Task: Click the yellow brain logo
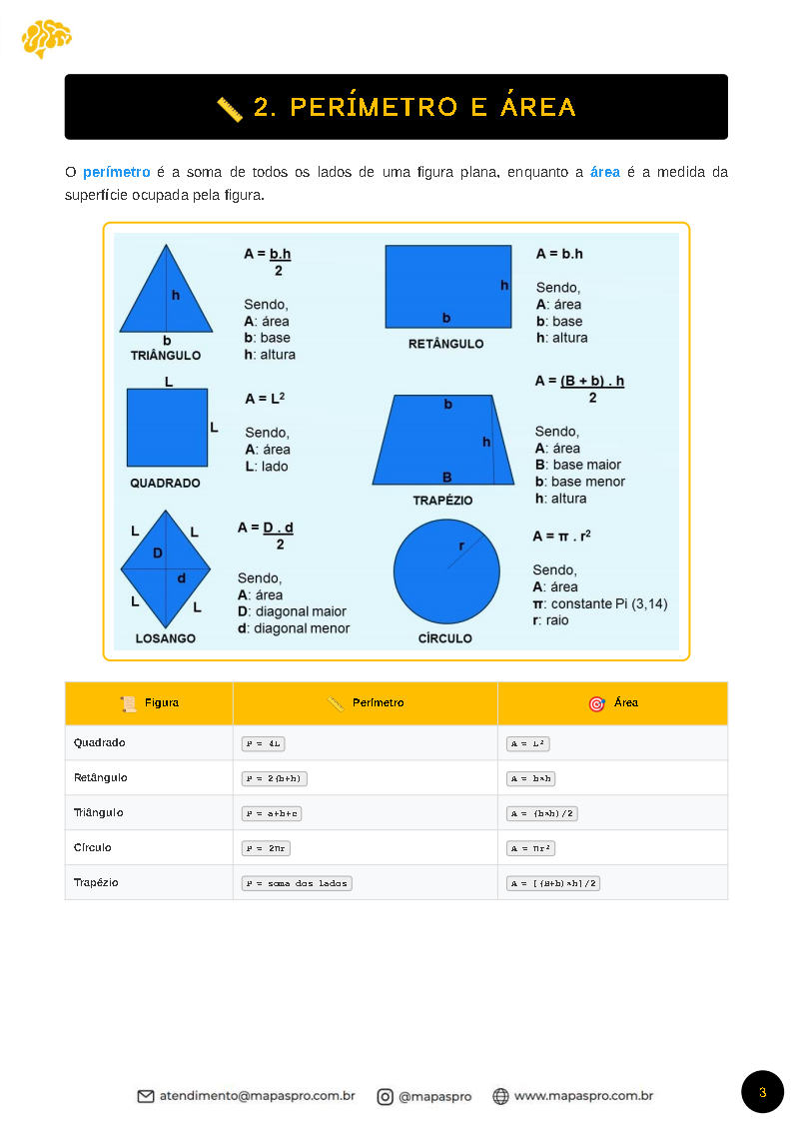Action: pos(46,38)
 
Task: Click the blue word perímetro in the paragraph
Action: pos(116,173)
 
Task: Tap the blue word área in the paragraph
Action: pos(605,173)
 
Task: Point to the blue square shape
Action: pos(167,428)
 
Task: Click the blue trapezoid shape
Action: pos(443,440)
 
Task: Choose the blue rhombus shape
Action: pos(166,566)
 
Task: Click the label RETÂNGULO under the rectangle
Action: pos(445,344)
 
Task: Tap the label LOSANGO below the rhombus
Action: pos(165,638)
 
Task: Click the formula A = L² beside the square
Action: pos(265,399)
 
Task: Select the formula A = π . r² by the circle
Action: pos(561,537)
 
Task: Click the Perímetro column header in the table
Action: pos(366,703)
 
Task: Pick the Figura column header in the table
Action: pos(150,703)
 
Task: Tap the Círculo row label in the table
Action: pos(93,847)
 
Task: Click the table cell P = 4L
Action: pos(264,743)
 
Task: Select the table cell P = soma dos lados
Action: pos(297,883)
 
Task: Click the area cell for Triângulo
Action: pos(542,813)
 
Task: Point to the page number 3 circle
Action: pos(762,1092)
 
